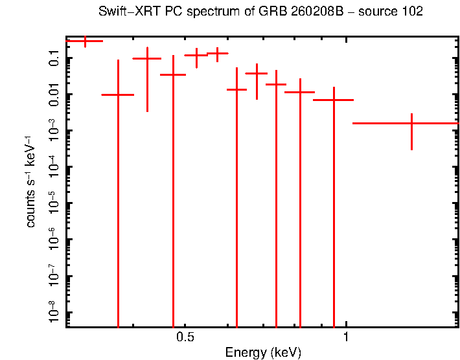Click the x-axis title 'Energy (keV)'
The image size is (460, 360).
point(262,353)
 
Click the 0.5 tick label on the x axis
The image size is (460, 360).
point(185,337)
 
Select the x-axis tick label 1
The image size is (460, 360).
point(346,337)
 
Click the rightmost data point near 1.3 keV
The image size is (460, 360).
point(411,123)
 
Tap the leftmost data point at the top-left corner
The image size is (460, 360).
point(85,41)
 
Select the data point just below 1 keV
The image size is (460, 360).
point(334,100)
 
